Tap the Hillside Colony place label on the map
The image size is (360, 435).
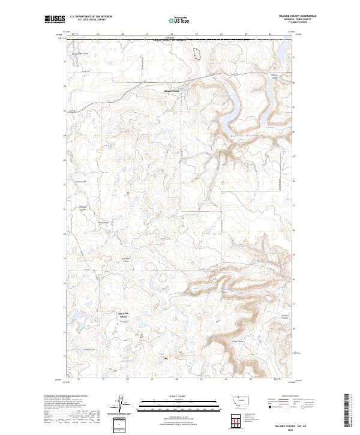click(x=172, y=91)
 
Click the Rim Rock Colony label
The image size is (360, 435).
click(x=124, y=314)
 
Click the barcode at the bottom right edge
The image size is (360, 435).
click(x=347, y=411)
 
